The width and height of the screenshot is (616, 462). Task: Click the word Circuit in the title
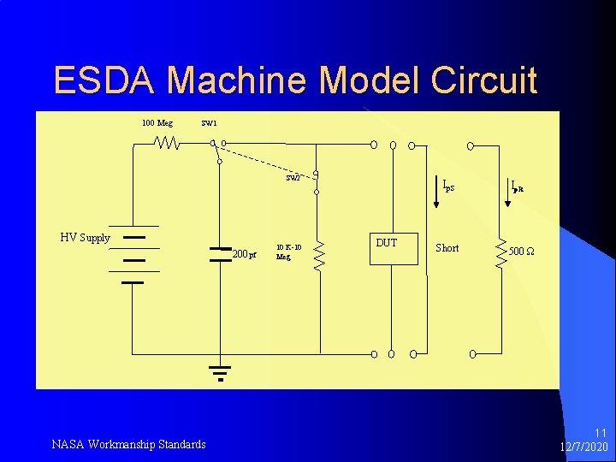(484, 80)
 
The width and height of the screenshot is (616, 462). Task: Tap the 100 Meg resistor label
(157, 123)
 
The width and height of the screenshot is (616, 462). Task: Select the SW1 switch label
(209, 123)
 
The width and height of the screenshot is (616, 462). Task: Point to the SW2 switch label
(293, 179)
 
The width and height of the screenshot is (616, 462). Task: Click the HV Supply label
(85, 238)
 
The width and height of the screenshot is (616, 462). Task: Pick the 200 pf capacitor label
(245, 254)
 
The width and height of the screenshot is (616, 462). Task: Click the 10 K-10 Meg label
(287, 252)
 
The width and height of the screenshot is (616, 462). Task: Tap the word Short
(447, 248)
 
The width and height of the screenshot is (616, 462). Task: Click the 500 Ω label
(521, 252)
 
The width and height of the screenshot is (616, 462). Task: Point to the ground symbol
(220, 372)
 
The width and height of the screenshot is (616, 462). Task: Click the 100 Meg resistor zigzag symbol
(167, 144)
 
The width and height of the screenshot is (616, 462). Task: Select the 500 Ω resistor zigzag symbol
(500, 252)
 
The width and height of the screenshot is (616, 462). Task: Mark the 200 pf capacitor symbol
(220, 253)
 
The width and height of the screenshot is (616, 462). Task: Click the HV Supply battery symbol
(133, 257)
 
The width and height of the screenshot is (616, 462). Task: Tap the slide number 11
(600, 434)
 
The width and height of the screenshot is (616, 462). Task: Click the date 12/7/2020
(583, 447)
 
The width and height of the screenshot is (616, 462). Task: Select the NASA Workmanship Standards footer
(128, 444)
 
